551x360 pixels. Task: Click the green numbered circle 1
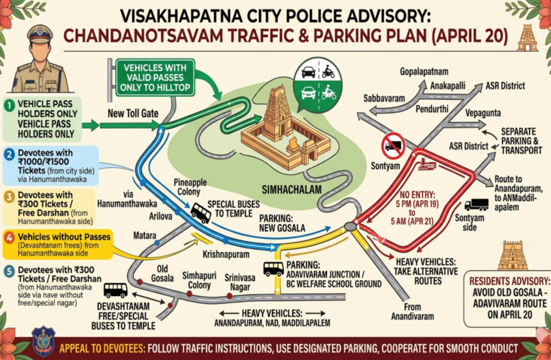tap(9, 106)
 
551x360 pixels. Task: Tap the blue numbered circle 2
tap(9, 153)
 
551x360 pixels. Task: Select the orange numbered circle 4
tap(9, 237)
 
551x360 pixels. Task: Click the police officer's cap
tap(39, 34)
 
